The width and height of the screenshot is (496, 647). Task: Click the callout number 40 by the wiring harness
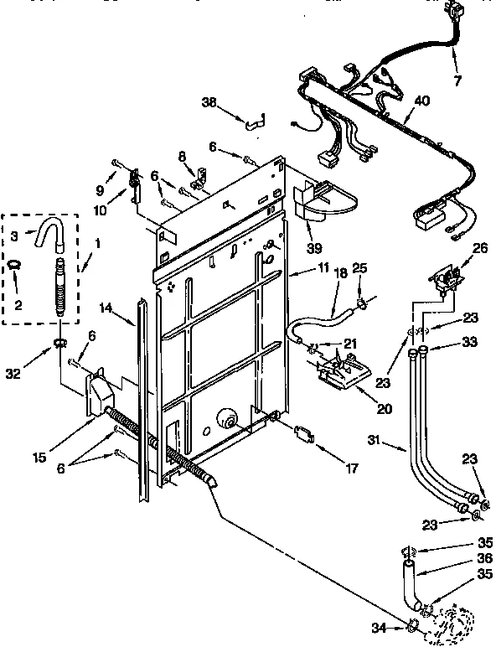click(x=422, y=101)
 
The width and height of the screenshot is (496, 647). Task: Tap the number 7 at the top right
click(x=457, y=80)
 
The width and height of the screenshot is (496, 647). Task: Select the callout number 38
click(x=209, y=102)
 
